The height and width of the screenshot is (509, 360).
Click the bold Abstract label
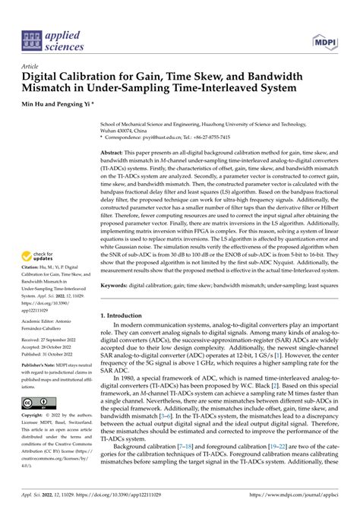(114, 153)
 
